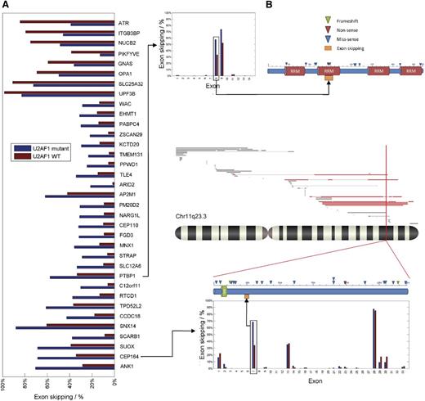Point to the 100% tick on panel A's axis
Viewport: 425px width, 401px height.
coord(6,381)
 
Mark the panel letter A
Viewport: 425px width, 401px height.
coord(6,6)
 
